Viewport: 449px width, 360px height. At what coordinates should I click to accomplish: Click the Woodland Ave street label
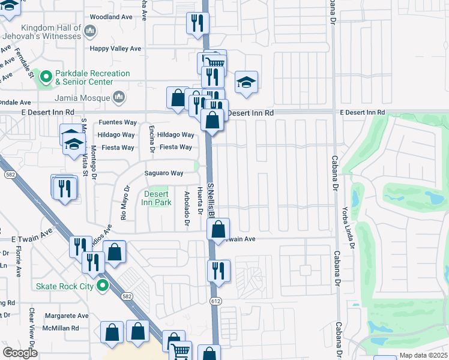point(110,17)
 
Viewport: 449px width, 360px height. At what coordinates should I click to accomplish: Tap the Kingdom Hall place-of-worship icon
point(90,31)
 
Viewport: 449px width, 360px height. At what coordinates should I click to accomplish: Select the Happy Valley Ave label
point(115,49)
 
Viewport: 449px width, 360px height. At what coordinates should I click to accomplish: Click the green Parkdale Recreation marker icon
point(44,76)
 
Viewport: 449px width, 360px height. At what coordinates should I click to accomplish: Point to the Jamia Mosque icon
point(119,97)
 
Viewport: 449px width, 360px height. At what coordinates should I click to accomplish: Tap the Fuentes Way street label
point(118,122)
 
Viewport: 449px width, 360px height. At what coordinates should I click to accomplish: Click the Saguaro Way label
point(164,173)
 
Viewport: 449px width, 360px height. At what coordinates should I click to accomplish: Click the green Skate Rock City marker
point(103,286)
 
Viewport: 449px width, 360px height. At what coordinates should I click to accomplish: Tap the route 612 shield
point(214,300)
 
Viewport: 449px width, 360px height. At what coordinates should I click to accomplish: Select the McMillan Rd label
point(59,328)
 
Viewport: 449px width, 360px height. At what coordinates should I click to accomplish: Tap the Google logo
point(20,353)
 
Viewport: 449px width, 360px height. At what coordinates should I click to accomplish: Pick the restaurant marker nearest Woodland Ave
point(197,24)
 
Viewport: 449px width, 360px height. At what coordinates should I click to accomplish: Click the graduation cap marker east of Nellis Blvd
point(246,82)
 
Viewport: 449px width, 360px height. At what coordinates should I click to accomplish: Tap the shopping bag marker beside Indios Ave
point(115,252)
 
